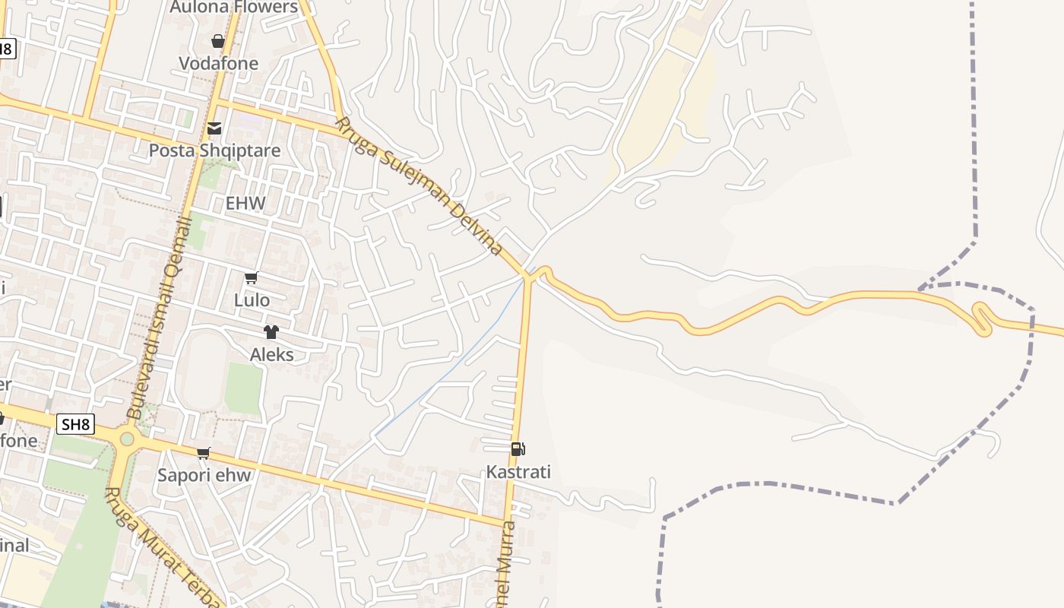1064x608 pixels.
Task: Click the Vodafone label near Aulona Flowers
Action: (218, 63)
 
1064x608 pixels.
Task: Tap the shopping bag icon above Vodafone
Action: (218, 41)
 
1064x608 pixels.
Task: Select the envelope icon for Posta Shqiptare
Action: (214, 128)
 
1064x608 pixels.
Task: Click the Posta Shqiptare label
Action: (214, 150)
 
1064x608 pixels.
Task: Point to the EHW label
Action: (245, 203)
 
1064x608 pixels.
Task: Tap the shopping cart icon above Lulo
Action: (252, 278)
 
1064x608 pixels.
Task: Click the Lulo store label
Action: (252, 300)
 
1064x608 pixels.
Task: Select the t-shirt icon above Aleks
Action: (271, 332)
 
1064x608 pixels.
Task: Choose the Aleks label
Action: (271, 354)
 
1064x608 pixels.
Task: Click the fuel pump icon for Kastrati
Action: (518, 449)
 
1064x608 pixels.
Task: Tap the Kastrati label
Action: (518, 472)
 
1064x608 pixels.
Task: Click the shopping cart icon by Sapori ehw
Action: (204, 454)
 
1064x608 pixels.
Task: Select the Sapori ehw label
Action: (204, 476)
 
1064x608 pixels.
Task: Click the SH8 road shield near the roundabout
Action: (76, 424)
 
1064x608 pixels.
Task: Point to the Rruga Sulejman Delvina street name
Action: (418, 186)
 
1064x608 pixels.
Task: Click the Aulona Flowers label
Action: (233, 8)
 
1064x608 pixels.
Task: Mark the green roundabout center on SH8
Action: (127, 439)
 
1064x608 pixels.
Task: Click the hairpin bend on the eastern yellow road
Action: (980, 319)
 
